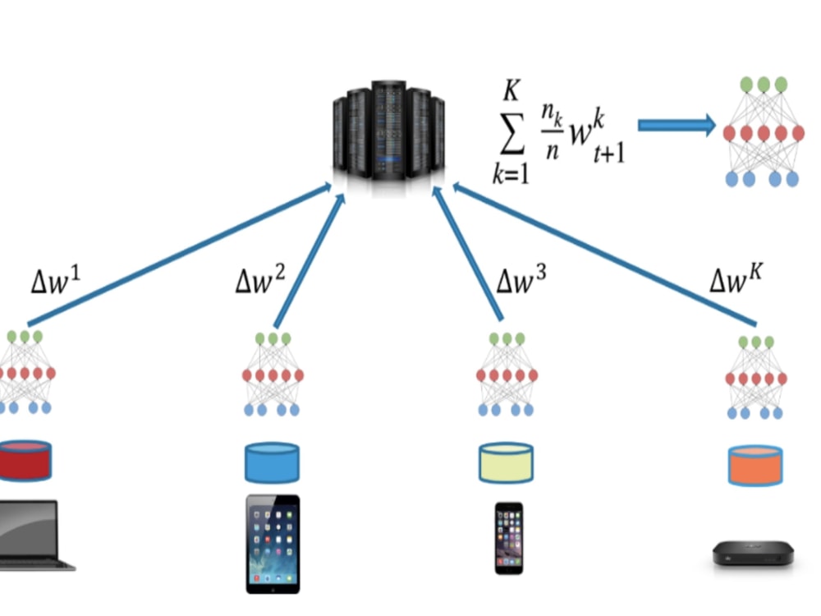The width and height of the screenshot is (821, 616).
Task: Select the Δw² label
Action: pyautogui.click(x=260, y=283)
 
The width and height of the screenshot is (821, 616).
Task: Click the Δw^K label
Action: pyautogui.click(x=736, y=282)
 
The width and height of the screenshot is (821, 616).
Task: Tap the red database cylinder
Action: pyautogui.click(x=25, y=460)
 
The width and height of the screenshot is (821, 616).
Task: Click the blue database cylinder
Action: pyautogui.click(x=272, y=462)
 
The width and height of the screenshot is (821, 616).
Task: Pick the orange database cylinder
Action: pyautogui.click(x=754, y=464)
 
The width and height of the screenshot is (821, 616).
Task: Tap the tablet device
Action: pyautogui.click(x=273, y=543)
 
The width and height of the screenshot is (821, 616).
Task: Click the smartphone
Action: pyautogui.click(x=509, y=538)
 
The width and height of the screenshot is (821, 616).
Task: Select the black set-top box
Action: pyautogui.click(x=753, y=553)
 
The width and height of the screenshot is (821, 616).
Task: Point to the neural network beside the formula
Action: pyautogui.click(x=763, y=131)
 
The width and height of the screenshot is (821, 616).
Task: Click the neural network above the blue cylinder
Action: pyautogui.click(x=273, y=373)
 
